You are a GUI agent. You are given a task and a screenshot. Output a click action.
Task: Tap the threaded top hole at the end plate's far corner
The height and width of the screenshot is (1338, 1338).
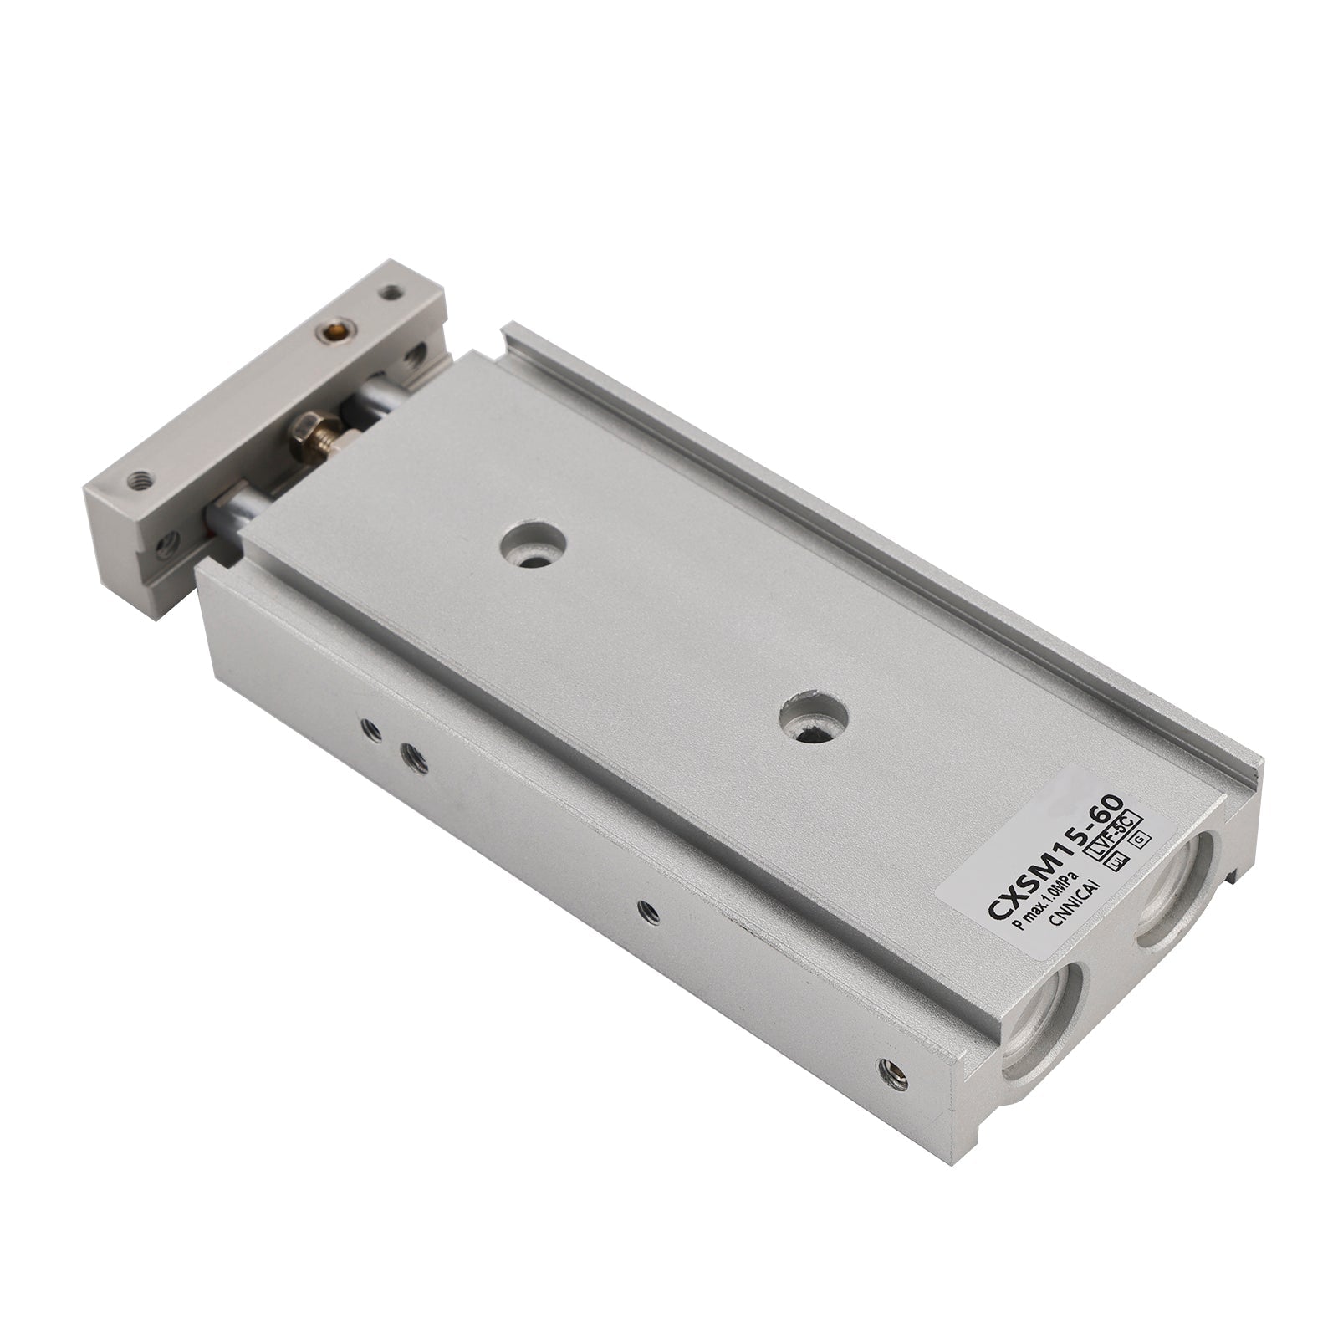tap(390, 293)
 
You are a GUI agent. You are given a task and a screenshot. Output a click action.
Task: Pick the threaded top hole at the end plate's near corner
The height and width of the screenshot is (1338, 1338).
tap(136, 480)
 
